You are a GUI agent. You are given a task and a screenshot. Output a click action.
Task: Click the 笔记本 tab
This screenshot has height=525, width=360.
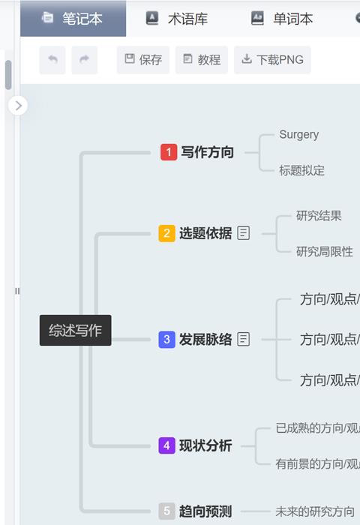[73, 19]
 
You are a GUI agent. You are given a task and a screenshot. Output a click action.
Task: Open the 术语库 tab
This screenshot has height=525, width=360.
[177, 19]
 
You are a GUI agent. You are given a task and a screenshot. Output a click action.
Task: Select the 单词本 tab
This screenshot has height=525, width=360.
[282, 19]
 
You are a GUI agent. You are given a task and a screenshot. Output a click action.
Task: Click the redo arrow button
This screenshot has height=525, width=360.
[85, 60]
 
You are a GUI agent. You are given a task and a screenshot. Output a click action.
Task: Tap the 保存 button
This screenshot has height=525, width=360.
[143, 60]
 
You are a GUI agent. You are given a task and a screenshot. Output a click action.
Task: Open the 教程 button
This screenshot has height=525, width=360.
[202, 60]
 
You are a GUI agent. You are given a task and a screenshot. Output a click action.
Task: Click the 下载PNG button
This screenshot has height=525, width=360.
[272, 60]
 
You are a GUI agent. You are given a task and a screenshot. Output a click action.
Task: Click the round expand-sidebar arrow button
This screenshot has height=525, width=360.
[18, 106]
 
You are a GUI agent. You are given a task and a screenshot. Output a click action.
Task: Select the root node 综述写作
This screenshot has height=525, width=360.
[75, 330]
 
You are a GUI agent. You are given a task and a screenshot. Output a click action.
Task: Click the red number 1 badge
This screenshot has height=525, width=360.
[169, 152]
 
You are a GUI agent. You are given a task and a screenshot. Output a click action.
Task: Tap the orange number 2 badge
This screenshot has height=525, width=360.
[166, 233]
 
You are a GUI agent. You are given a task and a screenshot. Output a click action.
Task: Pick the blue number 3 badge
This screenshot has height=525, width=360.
[166, 340]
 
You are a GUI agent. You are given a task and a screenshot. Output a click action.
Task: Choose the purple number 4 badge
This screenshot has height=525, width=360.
[166, 445]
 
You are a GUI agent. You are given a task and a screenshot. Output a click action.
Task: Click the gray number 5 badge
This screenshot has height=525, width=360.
[166, 511]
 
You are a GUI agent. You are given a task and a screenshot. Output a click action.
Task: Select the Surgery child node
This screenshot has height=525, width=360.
[299, 134]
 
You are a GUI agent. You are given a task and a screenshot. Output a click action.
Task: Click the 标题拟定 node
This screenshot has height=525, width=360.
[301, 170]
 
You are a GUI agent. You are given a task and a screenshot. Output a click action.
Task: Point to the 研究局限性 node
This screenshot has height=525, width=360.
[325, 251]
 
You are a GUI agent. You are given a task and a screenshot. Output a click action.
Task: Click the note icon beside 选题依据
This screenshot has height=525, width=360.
[244, 233]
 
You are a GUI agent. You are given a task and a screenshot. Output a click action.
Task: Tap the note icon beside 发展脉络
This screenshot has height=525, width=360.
[244, 339]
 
